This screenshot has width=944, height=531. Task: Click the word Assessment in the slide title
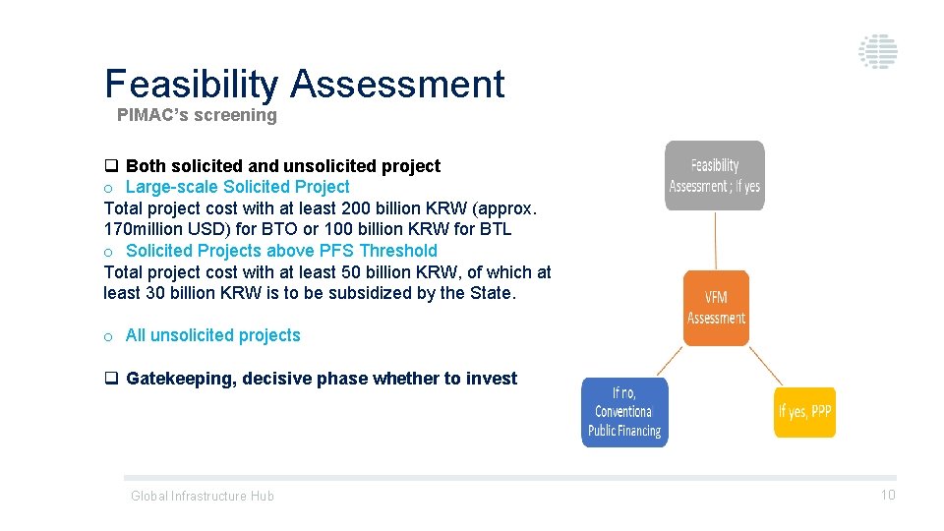(x=397, y=85)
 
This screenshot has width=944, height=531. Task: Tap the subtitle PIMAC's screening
(x=197, y=115)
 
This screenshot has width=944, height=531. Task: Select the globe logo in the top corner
(x=877, y=51)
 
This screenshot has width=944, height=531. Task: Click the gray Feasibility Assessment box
(x=715, y=176)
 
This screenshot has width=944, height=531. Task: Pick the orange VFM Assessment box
(x=716, y=308)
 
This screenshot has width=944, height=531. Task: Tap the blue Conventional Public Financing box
(x=624, y=412)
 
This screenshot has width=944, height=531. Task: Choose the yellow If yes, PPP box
(x=804, y=412)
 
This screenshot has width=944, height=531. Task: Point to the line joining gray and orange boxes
(x=716, y=241)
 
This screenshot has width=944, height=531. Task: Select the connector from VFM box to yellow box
(x=765, y=366)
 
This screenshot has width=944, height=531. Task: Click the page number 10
(x=887, y=495)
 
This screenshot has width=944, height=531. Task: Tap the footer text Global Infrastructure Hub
(x=203, y=496)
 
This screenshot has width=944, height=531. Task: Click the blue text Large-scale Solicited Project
(x=237, y=187)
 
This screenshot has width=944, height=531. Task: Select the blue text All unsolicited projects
(x=212, y=335)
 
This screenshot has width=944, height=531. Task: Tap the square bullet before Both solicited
(x=111, y=166)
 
